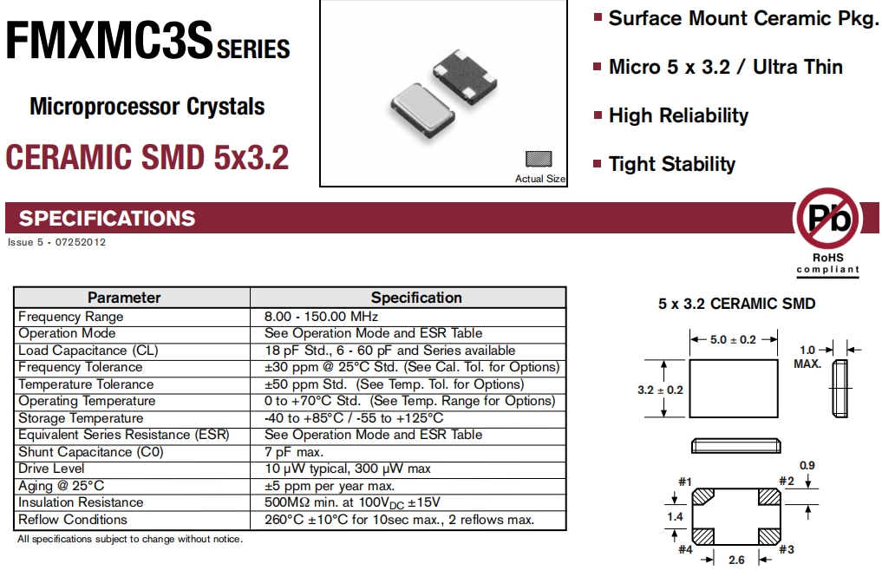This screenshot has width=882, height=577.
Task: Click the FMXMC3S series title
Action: (147, 43)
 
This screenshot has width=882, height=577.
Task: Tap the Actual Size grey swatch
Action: (539, 160)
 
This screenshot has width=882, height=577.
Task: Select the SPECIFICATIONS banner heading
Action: (108, 218)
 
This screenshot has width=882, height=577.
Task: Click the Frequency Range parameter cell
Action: (71, 317)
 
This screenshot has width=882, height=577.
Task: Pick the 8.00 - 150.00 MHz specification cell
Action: (321, 317)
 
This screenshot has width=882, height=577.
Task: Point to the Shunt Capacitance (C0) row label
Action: (91, 452)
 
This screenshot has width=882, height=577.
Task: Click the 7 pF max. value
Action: (294, 452)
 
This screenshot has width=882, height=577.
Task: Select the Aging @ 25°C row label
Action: (62, 486)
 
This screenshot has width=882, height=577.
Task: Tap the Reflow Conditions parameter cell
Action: (73, 520)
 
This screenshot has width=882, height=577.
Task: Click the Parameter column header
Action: (124, 298)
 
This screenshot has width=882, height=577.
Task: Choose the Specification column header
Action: (416, 298)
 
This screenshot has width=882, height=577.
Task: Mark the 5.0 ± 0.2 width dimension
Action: (733, 339)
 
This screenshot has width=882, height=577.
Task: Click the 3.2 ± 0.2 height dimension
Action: (660, 390)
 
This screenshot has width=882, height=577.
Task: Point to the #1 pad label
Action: (684, 482)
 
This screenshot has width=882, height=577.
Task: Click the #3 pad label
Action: (787, 549)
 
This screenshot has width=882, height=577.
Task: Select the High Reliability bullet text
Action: (678, 115)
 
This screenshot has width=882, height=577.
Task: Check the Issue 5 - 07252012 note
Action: (56, 242)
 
